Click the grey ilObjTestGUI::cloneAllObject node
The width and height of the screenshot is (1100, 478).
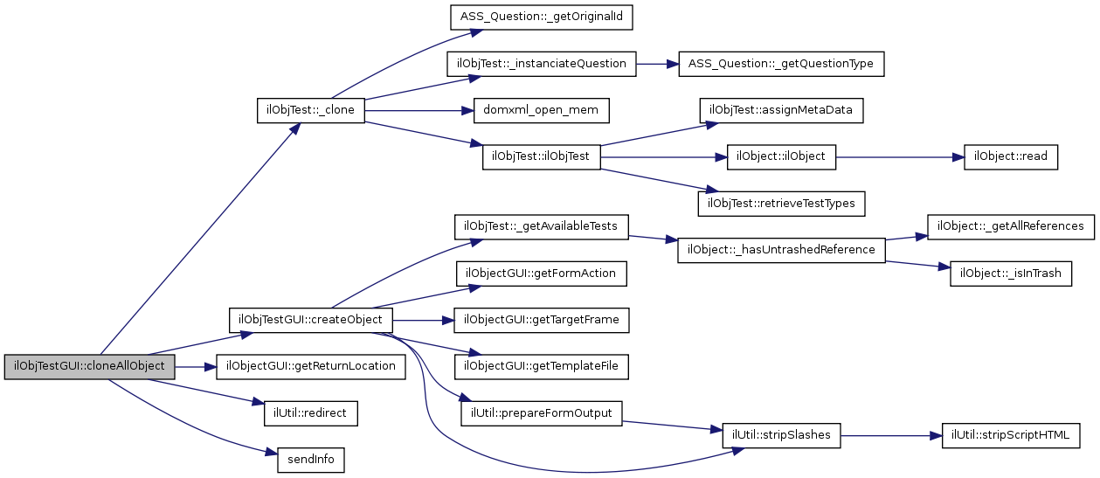click(x=89, y=366)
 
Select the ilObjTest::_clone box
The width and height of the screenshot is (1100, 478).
click(x=311, y=111)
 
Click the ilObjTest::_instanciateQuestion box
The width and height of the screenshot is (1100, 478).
click(x=542, y=64)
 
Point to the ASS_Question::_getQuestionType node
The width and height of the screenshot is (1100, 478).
click(x=781, y=64)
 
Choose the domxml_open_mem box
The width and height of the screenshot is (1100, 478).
click(x=541, y=111)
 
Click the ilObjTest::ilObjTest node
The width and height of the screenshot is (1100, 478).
click(x=541, y=157)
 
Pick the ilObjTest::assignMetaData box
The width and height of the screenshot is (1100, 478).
click(x=781, y=111)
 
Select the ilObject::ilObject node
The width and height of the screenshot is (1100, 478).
click(x=781, y=157)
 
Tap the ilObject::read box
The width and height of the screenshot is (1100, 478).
click(x=1011, y=157)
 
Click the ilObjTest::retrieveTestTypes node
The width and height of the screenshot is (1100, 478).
click(x=781, y=204)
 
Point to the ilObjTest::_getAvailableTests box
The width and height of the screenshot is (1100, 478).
click(x=542, y=226)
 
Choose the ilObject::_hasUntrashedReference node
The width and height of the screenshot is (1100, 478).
click(x=781, y=250)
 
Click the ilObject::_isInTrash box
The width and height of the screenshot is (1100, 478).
click(x=1011, y=274)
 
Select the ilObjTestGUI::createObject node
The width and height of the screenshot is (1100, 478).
click(x=311, y=319)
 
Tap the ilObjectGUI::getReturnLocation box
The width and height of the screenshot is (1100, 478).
click(x=311, y=366)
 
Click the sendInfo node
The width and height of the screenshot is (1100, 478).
click(x=311, y=460)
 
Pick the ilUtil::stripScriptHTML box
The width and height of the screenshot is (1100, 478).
click(x=1011, y=435)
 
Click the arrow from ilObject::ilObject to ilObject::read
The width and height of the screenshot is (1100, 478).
click(x=900, y=157)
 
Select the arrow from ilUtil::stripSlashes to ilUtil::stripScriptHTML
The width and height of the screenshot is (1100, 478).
click(x=891, y=435)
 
